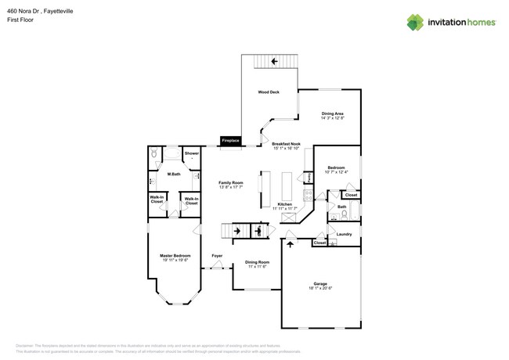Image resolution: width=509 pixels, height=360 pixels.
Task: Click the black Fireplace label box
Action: (230, 140)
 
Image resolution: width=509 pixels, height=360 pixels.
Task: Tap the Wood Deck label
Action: (269, 92)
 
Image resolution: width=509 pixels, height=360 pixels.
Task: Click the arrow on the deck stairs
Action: (274, 61)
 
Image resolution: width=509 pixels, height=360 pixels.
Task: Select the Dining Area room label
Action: (333, 114)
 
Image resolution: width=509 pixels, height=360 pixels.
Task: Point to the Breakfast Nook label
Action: (287, 145)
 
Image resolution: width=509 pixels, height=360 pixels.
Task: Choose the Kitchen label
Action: (284, 204)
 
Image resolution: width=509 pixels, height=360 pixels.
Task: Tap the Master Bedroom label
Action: (175, 256)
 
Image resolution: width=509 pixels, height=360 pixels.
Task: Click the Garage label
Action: (320, 283)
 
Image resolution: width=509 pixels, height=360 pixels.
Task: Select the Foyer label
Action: (217, 256)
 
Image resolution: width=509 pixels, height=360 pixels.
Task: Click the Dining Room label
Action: (257, 262)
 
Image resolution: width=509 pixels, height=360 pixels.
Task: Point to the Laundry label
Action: (344, 234)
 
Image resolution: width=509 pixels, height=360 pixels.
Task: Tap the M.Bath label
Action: (174, 174)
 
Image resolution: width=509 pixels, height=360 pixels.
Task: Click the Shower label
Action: (192, 153)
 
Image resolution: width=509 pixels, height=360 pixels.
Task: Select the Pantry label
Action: (309, 178)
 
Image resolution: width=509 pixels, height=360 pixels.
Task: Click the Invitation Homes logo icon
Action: (415, 22)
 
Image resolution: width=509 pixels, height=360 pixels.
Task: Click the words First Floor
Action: (20, 20)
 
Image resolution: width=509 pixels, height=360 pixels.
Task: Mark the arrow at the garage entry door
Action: (291, 244)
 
